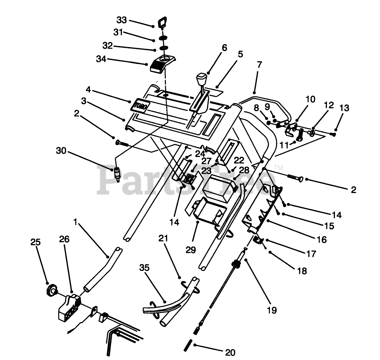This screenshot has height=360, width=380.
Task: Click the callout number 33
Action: click(121, 20)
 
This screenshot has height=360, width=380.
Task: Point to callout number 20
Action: click(230, 352)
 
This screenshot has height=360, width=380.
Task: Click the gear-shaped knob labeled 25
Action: click(51, 290)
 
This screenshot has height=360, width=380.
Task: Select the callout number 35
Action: click(145, 268)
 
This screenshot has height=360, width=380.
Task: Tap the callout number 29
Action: click(191, 249)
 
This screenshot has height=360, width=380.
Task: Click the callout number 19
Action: click(272, 310)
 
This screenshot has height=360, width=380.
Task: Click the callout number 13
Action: click(344, 108)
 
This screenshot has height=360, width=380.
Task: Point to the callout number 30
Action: click(61, 151)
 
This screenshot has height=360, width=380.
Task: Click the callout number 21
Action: click(163, 239)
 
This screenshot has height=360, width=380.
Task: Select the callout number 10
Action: click(310, 99)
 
